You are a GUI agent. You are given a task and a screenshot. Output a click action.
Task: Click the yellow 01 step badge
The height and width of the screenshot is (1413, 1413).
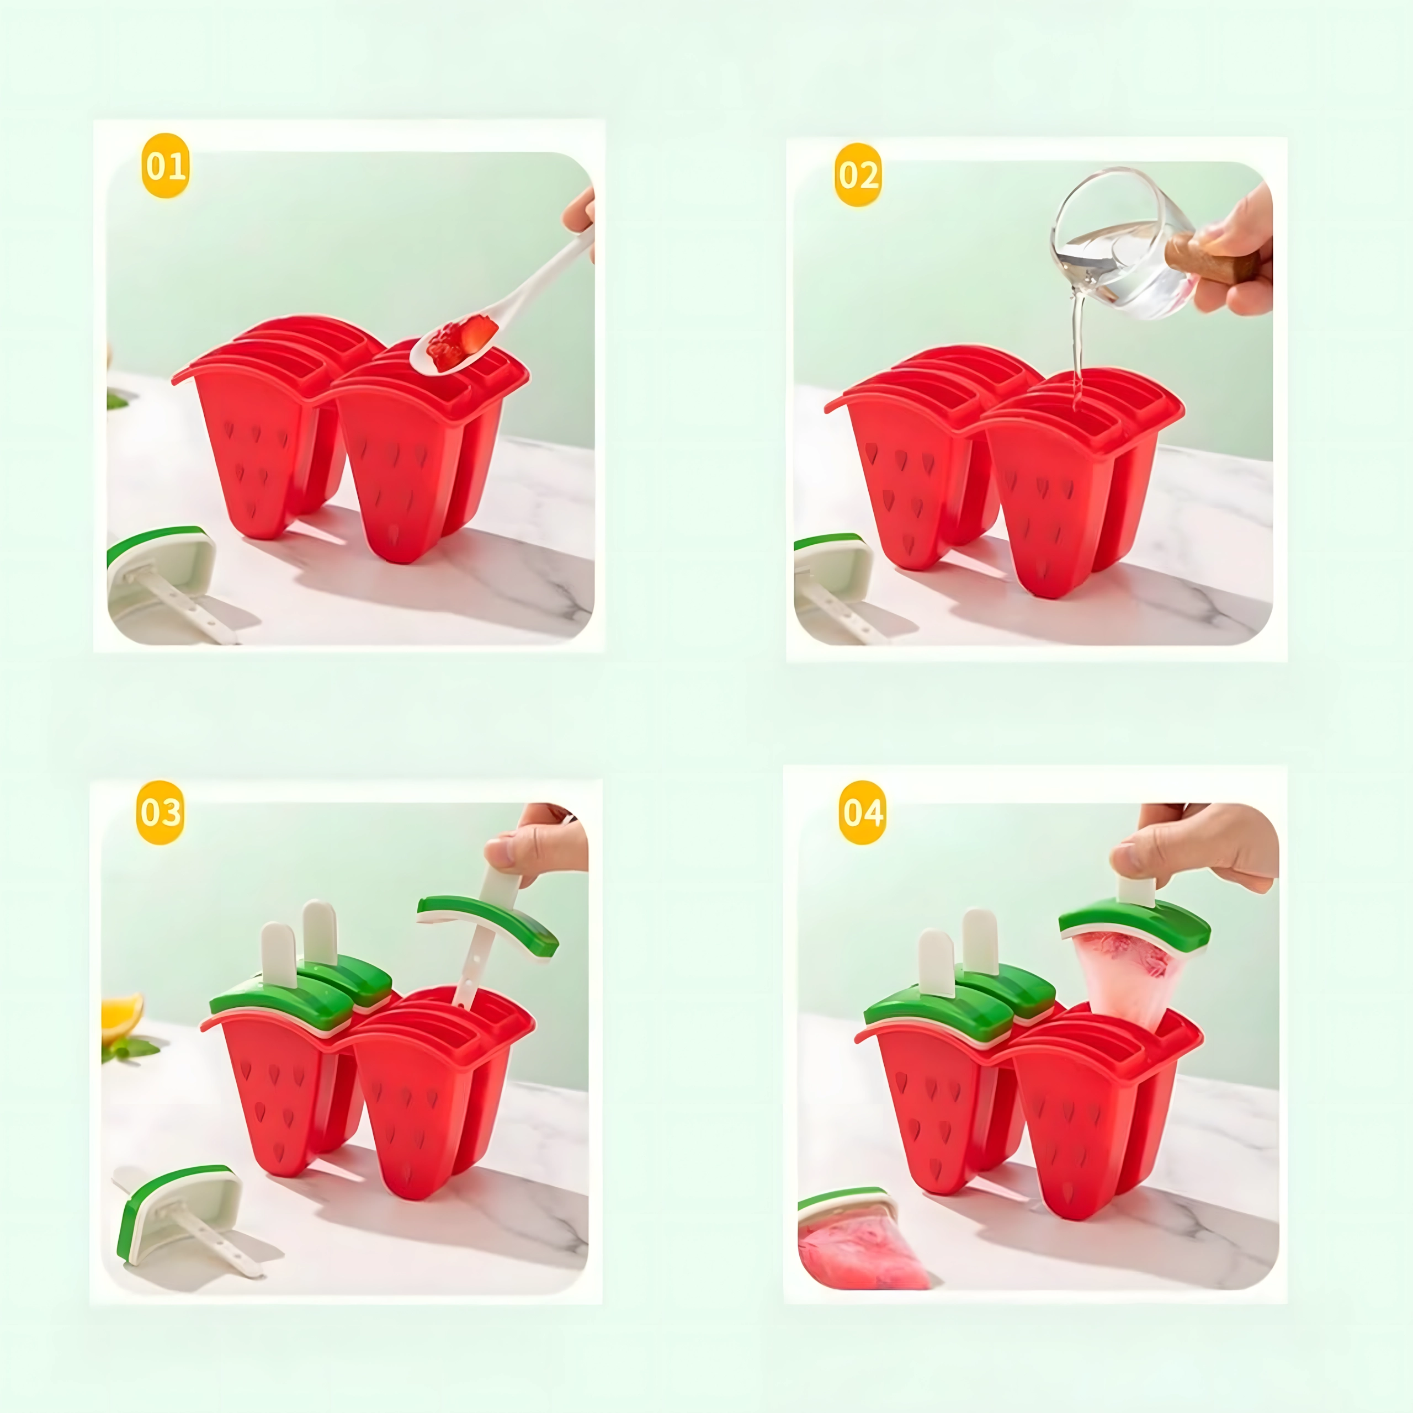point(165,166)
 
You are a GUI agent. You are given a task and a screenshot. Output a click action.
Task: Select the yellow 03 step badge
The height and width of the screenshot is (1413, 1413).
point(160,812)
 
